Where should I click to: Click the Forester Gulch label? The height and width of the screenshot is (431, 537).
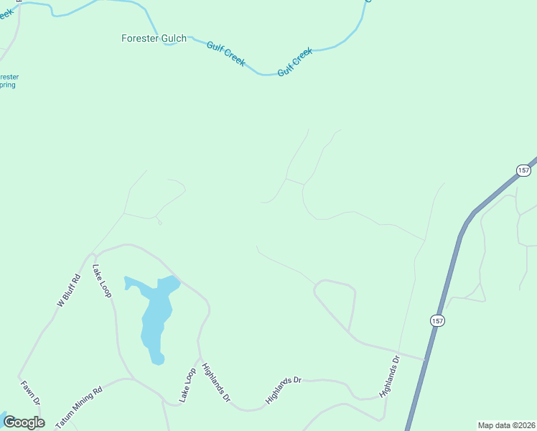pos(154,38)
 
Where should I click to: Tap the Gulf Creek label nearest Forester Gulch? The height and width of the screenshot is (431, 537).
pos(226,55)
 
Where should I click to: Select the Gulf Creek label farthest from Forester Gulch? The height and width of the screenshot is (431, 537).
pos(295,61)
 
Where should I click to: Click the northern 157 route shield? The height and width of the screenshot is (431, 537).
pos(523,170)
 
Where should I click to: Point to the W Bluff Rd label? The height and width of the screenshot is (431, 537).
pos(67,291)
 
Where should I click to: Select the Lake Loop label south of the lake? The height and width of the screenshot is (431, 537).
pos(187,384)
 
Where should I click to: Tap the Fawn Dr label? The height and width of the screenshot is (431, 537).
pos(30,393)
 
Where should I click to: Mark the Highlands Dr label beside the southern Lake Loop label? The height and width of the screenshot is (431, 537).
pos(215,382)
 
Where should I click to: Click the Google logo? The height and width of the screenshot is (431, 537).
pos(23,422)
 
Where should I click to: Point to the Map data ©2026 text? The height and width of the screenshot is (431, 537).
pos(507,425)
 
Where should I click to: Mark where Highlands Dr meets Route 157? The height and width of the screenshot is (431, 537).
pos(425,358)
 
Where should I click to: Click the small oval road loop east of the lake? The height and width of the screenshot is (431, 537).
pos(336,302)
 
